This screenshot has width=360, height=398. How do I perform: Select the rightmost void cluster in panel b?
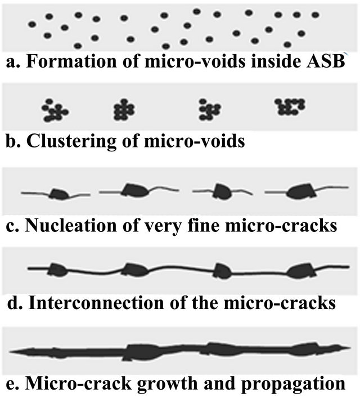[x=290, y=106]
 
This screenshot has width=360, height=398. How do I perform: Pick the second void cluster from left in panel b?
[x=121, y=109]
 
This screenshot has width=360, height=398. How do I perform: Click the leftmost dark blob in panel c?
[x=59, y=194]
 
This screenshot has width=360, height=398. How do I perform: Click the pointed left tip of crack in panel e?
[x=11, y=351]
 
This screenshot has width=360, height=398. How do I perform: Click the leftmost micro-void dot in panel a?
[x=32, y=24]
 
